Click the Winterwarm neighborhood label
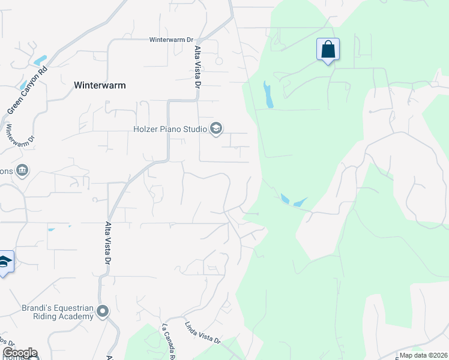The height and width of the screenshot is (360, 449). [100, 85]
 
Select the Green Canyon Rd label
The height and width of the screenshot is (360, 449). [26, 91]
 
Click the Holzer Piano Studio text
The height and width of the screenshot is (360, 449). [170, 128]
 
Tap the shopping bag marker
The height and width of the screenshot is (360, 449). [328, 49]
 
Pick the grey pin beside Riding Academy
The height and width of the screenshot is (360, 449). [103, 311]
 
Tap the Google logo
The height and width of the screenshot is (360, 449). [20, 353]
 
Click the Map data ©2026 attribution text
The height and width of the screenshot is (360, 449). [423, 355]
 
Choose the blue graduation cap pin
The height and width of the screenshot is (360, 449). [5, 262]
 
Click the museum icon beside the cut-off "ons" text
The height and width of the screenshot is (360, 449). [23, 171]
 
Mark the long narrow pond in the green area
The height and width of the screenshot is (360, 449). [268, 95]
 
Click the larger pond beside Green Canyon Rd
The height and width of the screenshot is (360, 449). [40, 61]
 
